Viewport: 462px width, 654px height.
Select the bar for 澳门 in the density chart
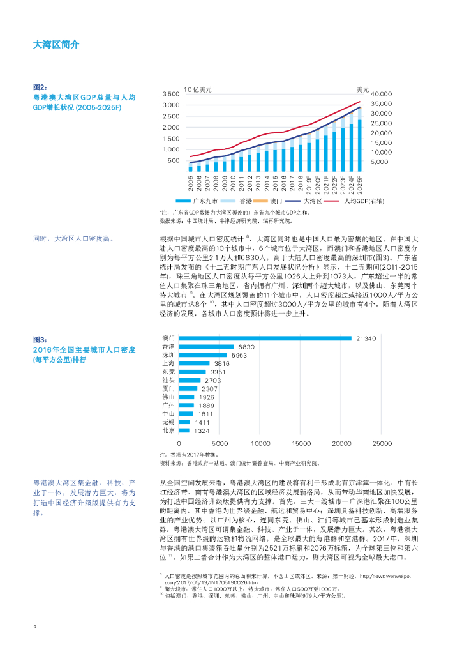tap(265, 338)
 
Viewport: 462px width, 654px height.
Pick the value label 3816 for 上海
tap(222, 363)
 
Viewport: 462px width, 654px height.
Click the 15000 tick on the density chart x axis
tap(301, 443)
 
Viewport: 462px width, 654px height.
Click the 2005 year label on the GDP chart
tap(191, 183)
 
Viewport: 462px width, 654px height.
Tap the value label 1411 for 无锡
tap(202, 422)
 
